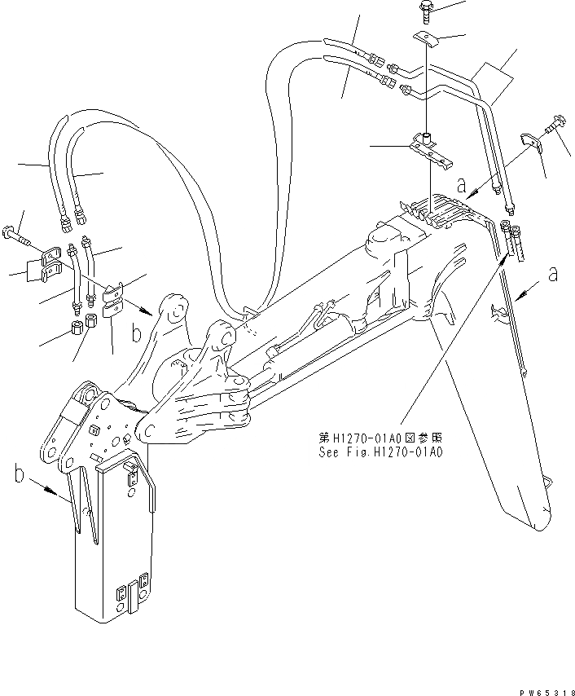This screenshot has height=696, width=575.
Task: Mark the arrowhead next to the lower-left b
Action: click(56, 495)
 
